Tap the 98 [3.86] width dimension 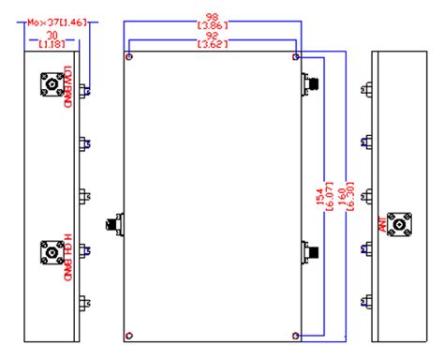point(215,20)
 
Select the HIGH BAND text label point(67,255)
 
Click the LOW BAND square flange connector point(49,86)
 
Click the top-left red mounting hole point(130,57)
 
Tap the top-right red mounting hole point(296,57)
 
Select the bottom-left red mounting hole point(130,335)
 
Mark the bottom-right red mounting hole point(296,335)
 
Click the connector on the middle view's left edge point(115,226)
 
